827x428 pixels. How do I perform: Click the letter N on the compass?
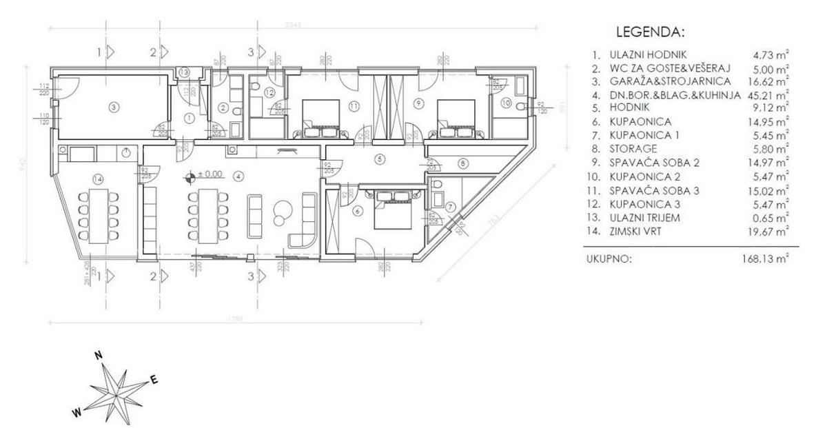[x=99, y=355]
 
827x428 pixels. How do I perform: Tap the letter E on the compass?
[x=154, y=378]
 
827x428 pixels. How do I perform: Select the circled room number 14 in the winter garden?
[x=99, y=179]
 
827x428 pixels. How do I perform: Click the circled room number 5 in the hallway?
[x=378, y=158]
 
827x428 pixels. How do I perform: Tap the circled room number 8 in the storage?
[x=463, y=163]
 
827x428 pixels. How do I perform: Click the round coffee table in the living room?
[x=281, y=210]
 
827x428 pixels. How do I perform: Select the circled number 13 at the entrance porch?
[x=183, y=72]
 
